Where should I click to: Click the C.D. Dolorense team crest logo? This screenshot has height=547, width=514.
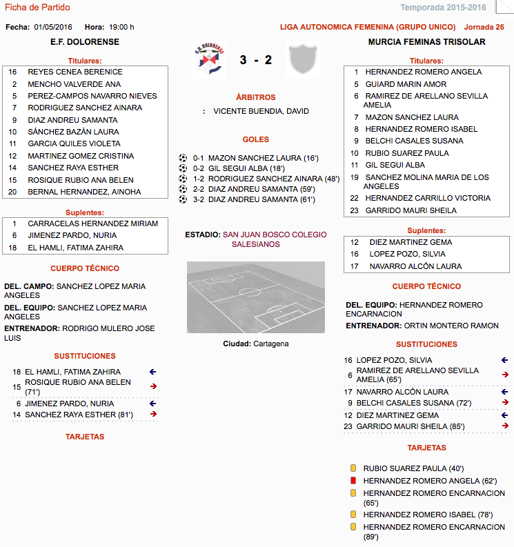pos(208,60)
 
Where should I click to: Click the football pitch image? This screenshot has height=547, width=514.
pos(255,297)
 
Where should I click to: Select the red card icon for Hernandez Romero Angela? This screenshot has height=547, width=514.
pos(353,481)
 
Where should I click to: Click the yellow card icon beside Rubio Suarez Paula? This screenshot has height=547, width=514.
pos(353,468)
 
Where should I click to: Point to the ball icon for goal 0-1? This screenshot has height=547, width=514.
pos(183,158)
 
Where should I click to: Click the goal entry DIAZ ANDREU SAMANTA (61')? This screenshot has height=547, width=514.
pos(261,199)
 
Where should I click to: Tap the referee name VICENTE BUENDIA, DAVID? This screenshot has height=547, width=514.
pos(261,111)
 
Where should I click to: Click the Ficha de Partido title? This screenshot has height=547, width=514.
pos(37,8)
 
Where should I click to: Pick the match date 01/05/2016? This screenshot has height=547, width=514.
pos(54,28)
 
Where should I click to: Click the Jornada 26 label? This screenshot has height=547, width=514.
pos(484,28)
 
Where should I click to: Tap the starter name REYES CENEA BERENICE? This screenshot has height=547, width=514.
pos(75,72)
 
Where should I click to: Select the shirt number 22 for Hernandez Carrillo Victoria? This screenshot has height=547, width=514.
pos(354,198)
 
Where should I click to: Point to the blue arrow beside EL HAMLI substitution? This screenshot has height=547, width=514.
pos(153,372)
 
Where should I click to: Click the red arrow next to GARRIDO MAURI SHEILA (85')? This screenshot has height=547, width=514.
pos(505,426)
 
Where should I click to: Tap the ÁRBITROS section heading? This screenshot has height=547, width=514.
pos(255,98)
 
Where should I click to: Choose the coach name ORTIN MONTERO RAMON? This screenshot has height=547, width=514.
pos(451,326)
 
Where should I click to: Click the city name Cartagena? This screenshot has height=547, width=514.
pos(270,344)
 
